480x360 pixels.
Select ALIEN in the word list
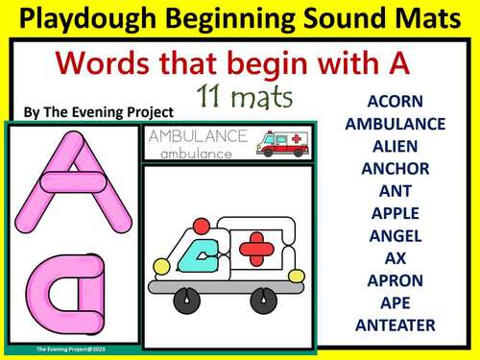point(395,146)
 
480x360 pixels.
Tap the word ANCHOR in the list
point(395,168)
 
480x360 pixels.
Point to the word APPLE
point(395,213)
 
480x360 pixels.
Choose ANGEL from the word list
point(395,235)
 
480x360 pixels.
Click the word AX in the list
point(395,257)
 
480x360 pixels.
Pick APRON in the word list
point(395,280)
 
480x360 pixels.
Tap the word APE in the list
point(395,302)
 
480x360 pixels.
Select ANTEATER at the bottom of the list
point(395,325)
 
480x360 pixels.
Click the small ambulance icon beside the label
point(282,143)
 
